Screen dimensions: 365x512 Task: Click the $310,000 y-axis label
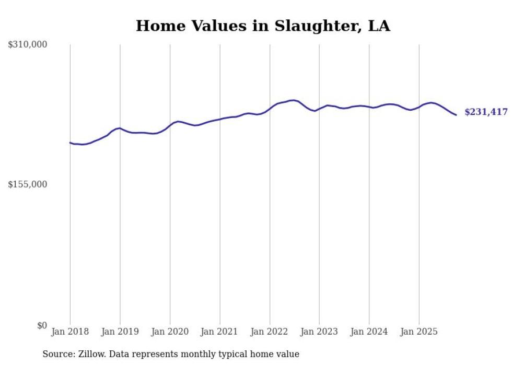[27, 45]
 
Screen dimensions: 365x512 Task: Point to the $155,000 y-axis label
[27, 184]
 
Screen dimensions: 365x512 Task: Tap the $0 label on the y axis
[42, 325]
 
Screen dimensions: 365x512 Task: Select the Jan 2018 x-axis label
[70, 332]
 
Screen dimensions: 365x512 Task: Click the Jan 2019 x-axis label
[120, 332]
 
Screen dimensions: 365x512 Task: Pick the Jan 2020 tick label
[170, 332]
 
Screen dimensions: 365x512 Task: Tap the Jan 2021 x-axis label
[219, 332]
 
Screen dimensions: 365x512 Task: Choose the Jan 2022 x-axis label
[270, 332]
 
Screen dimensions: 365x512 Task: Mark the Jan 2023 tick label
[319, 332]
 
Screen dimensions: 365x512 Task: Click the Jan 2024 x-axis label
[369, 332]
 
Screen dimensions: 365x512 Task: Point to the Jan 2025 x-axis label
[419, 332]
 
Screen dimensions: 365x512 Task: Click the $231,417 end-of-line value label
[486, 112]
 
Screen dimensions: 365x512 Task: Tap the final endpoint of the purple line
[456, 115]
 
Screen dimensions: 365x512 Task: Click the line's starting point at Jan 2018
[70, 143]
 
